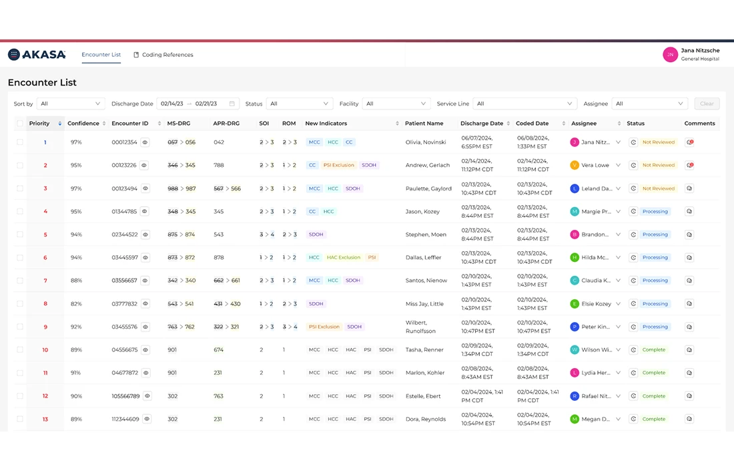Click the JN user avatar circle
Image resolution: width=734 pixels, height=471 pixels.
point(670,55)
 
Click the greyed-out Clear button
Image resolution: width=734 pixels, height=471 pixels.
point(707,104)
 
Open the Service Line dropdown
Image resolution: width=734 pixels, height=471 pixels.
point(524,104)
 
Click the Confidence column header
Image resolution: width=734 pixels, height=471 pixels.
point(83,124)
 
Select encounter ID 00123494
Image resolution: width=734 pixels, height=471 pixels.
point(124,188)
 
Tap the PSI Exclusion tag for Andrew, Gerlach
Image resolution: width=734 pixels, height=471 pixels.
point(339,165)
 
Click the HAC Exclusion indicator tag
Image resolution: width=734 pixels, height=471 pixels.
point(343,257)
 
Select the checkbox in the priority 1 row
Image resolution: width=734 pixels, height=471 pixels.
point(20,142)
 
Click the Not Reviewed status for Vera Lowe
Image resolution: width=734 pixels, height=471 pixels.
point(658,165)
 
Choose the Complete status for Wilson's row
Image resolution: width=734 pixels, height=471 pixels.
point(653,349)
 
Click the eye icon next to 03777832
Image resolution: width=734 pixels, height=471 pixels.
point(145,304)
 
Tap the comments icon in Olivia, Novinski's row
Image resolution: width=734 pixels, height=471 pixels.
point(689,142)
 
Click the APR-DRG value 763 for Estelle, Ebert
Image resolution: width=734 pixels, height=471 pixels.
point(218,396)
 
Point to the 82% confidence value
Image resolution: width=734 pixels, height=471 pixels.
point(76,304)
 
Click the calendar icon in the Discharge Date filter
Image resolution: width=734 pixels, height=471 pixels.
point(232,104)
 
